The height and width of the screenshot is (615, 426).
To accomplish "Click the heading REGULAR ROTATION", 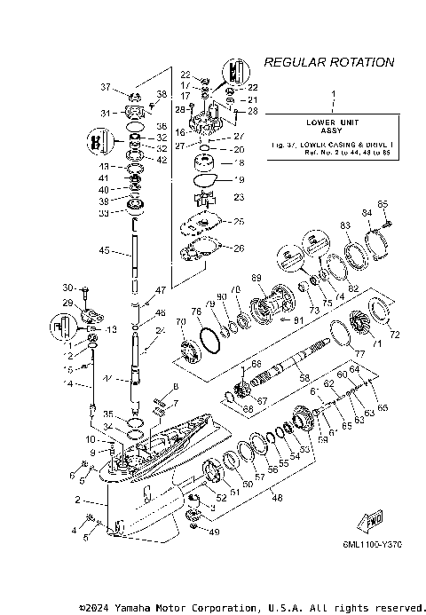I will click(329, 63).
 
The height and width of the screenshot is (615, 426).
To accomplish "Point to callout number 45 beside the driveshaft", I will click(104, 250).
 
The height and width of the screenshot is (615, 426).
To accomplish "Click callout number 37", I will click(105, 87).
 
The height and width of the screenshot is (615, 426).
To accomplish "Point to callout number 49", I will click(212, 532).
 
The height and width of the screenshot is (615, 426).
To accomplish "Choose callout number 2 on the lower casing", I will click(78, 501).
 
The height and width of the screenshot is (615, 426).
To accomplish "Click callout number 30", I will click(67, 288).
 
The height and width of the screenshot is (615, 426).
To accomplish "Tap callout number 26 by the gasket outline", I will click(238, 248).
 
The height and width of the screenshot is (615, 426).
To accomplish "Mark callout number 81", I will click(298, 320).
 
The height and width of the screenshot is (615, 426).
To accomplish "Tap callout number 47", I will click(161, 290).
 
